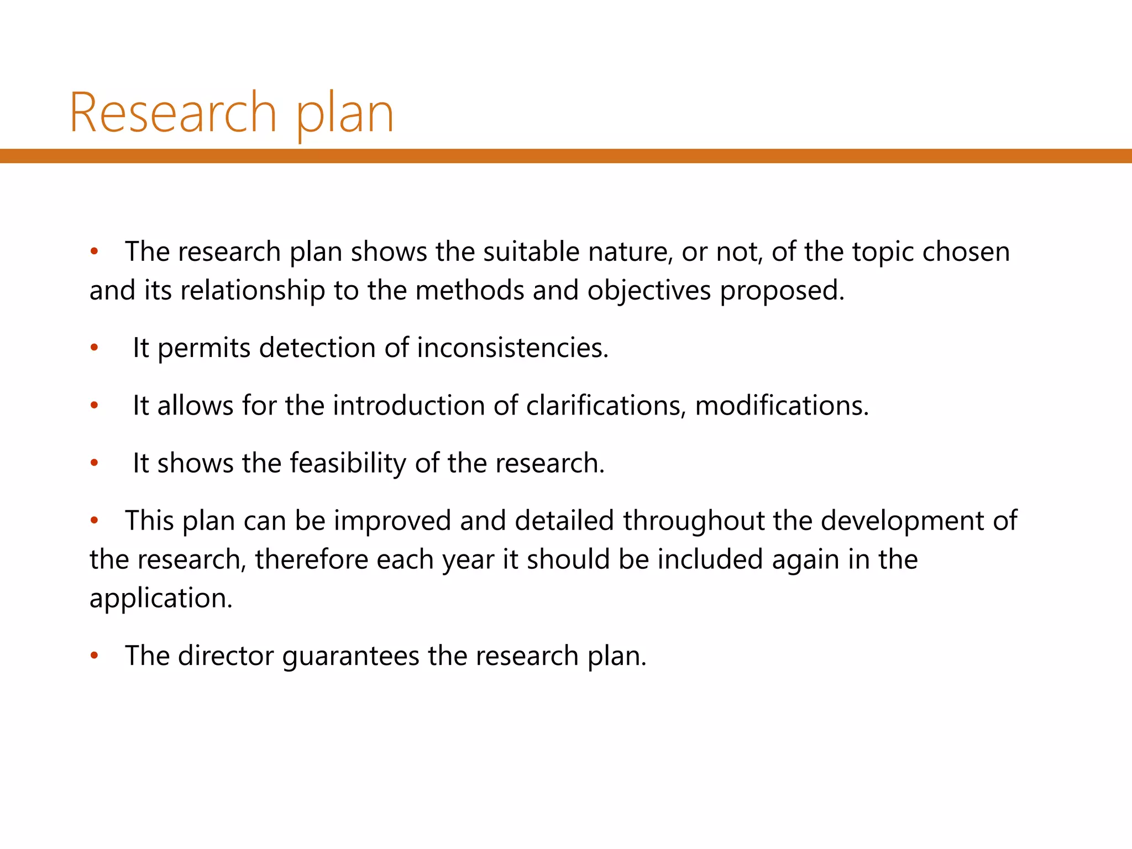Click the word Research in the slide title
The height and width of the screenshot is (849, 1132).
point(172,113)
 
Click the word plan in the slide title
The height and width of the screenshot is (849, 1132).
point(345,115)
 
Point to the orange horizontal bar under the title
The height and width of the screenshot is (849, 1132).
point(566,156)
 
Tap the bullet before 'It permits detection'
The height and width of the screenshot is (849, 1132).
point(95,348)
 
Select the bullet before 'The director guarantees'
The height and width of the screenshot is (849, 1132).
point(95,656)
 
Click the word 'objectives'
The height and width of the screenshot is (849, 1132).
point(649,291)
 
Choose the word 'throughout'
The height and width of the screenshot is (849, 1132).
point(694,521)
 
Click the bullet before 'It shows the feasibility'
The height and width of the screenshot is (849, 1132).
point(95,463)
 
